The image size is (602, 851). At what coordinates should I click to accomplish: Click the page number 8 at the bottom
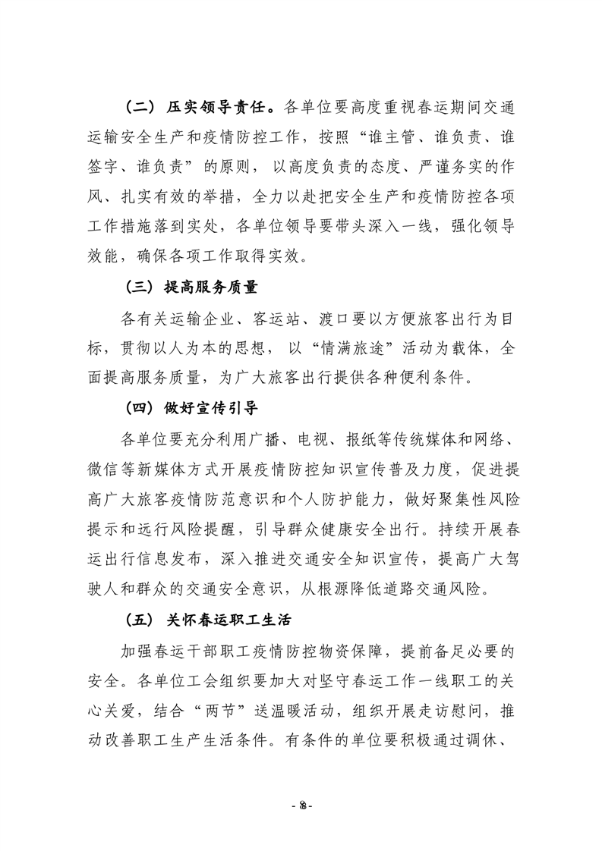[x=301, y=802]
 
